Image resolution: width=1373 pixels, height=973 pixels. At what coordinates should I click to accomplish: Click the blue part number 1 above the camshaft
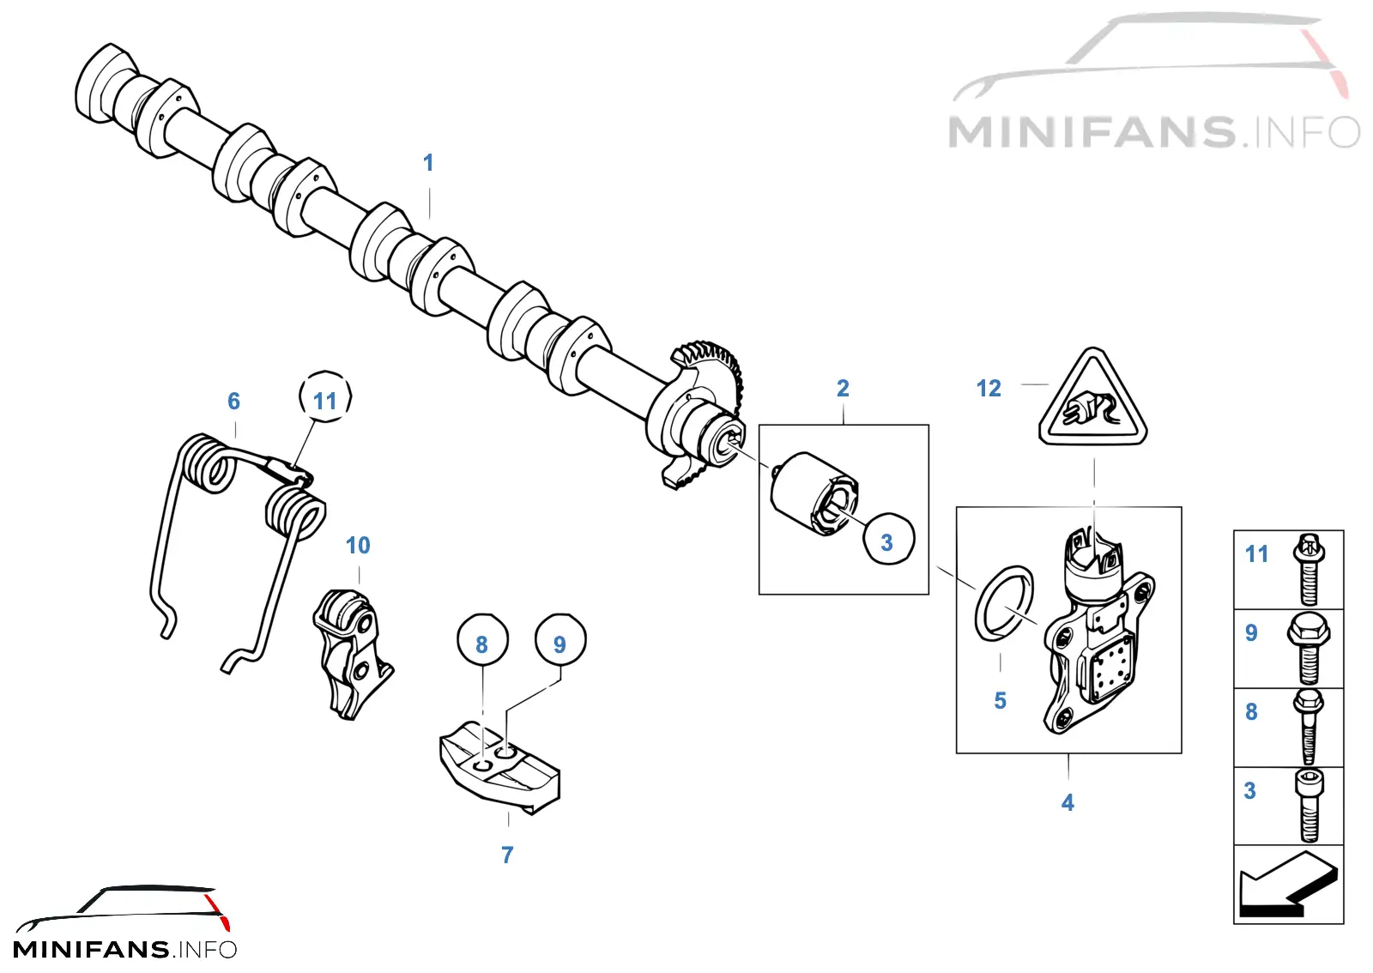428,163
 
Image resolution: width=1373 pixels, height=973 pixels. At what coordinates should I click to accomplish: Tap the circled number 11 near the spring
325,396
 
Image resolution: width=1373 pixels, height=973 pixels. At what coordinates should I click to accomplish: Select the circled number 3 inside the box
888,539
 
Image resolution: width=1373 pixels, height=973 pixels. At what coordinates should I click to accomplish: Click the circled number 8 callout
482,640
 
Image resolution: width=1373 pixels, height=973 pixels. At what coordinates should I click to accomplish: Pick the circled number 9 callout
560,640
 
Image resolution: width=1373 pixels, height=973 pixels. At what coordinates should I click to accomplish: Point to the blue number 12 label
989,389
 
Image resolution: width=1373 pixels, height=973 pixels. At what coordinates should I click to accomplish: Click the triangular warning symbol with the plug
1093,399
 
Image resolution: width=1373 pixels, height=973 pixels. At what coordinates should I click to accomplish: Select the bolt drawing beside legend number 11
1309,570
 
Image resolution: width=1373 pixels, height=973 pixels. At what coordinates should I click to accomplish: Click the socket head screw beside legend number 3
1309,806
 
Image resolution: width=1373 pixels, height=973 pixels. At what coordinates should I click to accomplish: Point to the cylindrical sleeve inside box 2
814,494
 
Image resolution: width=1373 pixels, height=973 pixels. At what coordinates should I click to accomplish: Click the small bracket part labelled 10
353,654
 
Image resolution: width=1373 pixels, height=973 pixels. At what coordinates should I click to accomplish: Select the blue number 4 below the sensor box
1068,802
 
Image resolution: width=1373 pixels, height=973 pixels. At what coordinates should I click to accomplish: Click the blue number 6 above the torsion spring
233,402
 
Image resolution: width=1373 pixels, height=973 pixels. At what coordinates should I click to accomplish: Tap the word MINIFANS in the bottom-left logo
91,950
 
